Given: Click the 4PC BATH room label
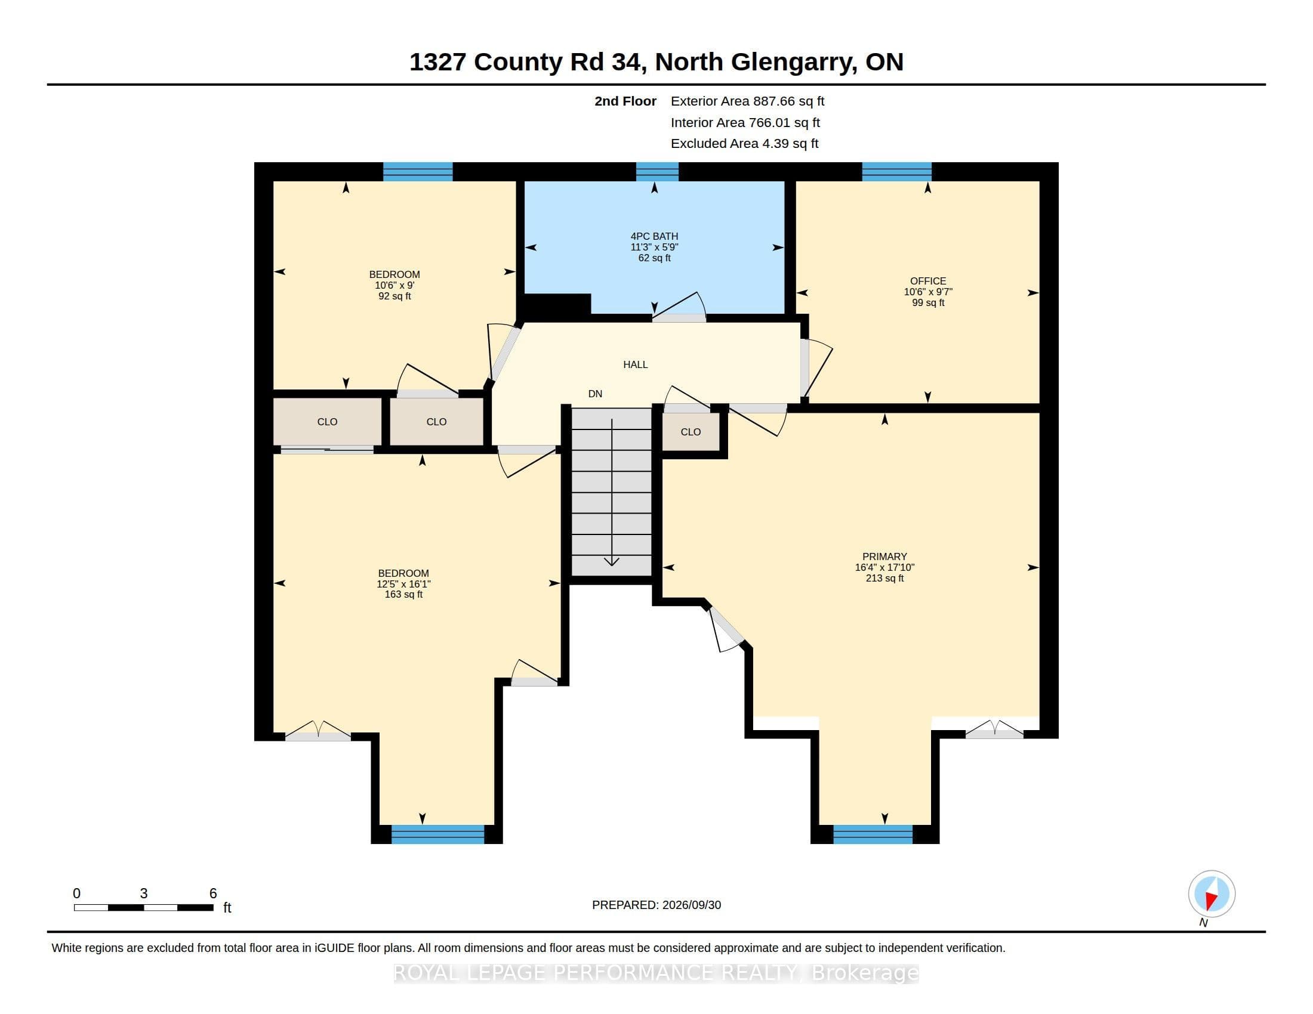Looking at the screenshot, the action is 654,236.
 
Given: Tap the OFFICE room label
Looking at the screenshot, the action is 927,281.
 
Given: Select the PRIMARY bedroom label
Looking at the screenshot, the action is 884,557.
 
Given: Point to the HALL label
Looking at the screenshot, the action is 636,364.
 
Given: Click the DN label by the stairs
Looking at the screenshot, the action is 595,394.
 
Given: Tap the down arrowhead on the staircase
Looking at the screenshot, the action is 611,562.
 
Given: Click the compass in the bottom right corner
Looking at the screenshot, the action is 1212,894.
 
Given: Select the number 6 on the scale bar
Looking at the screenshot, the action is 213,894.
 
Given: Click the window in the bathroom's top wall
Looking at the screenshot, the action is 657,172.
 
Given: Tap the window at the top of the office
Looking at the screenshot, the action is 896,172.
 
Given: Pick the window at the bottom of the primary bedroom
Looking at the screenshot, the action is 873,834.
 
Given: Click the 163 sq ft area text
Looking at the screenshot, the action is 403,595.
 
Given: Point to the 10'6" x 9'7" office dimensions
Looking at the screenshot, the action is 927,292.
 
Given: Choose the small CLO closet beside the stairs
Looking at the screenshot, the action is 691,432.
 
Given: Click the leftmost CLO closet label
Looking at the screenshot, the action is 327,422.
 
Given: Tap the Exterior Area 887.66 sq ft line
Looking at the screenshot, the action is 747,101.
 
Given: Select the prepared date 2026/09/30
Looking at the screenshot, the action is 689,905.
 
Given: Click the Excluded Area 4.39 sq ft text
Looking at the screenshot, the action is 744,144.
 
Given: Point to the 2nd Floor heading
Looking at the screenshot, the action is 625,101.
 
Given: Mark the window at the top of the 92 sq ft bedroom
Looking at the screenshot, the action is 418,172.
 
